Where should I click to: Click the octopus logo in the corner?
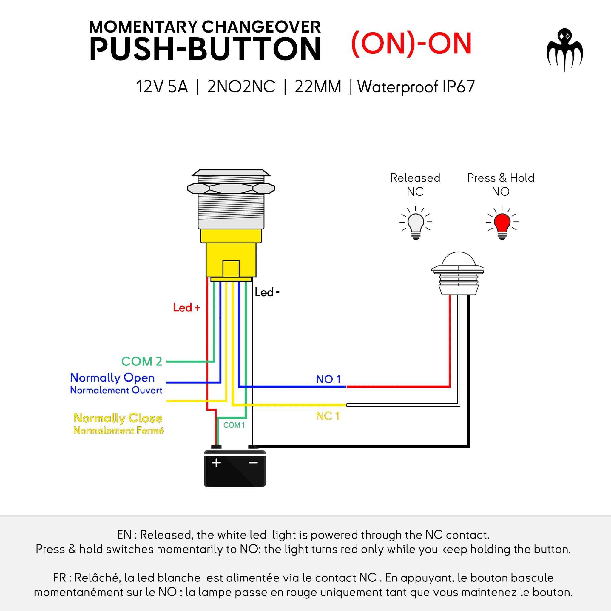pyautogui.click(x=564, y=49)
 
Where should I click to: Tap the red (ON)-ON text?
pyautogui.click(x=411, y=44)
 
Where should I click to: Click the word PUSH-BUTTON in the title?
pyautogui.click(x=205, y=49)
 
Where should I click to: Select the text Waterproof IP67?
pyautogui.click(x=416, y=87)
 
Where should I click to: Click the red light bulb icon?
pyautogui.click(x=502, y=223)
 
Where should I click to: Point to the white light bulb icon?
pyautogui.click(x=416, y=223)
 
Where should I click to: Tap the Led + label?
pyautogui.click(x=186, y=307)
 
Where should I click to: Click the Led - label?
pyautogui.click(x=267, y=292)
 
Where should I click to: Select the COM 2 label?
pyautogui.click(x=142, y=361)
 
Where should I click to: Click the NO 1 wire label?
pyautogui.click(x=328, y=379)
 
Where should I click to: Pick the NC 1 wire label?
pyautogui.click(x=328, y=416)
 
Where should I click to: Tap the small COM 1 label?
pyautogui.click(x=234, y=425)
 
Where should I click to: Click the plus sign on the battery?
pyautogui.click(x=216, y=463)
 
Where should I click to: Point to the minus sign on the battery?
pyautogui.click(x=253, y=463)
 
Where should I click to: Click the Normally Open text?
pyautogui.click(x=112, y=378)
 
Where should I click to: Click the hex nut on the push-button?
pyautogui.click(x=231, y=189)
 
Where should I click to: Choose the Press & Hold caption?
pyautogui.click(x=501, y=178)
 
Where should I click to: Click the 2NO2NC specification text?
pyautogui.click(x=241, y=87)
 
